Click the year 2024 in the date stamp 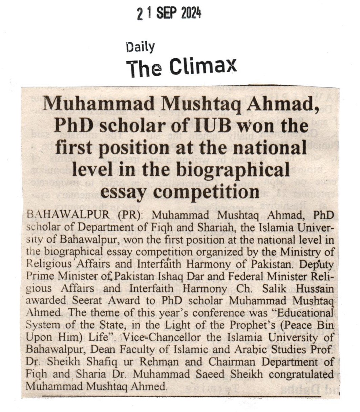[x=191, y=14]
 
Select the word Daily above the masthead [x=140, y=47]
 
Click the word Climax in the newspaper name [x=203, y=66]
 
